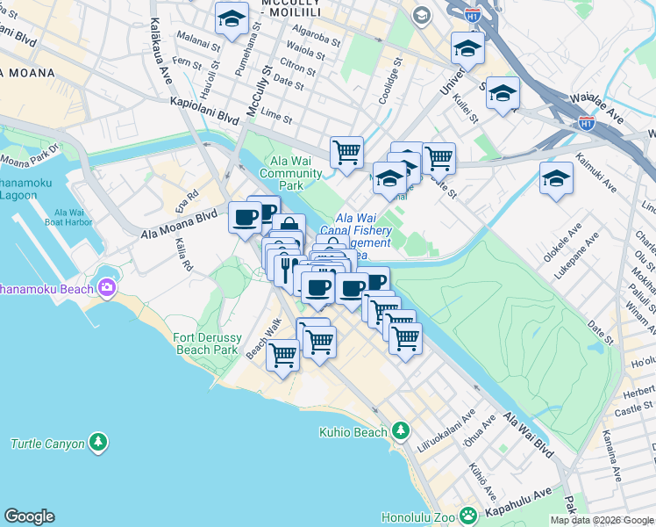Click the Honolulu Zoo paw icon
[x=469, y=515]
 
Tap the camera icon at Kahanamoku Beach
[x=107, y=287]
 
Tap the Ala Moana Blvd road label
[x=179, y=220]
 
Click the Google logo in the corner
[x=29, y=516]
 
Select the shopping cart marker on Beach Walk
[x=282, y=354]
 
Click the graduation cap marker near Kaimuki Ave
[x=556, y=179]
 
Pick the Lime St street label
[x=276, y=117]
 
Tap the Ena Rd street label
[x=193, y=193]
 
